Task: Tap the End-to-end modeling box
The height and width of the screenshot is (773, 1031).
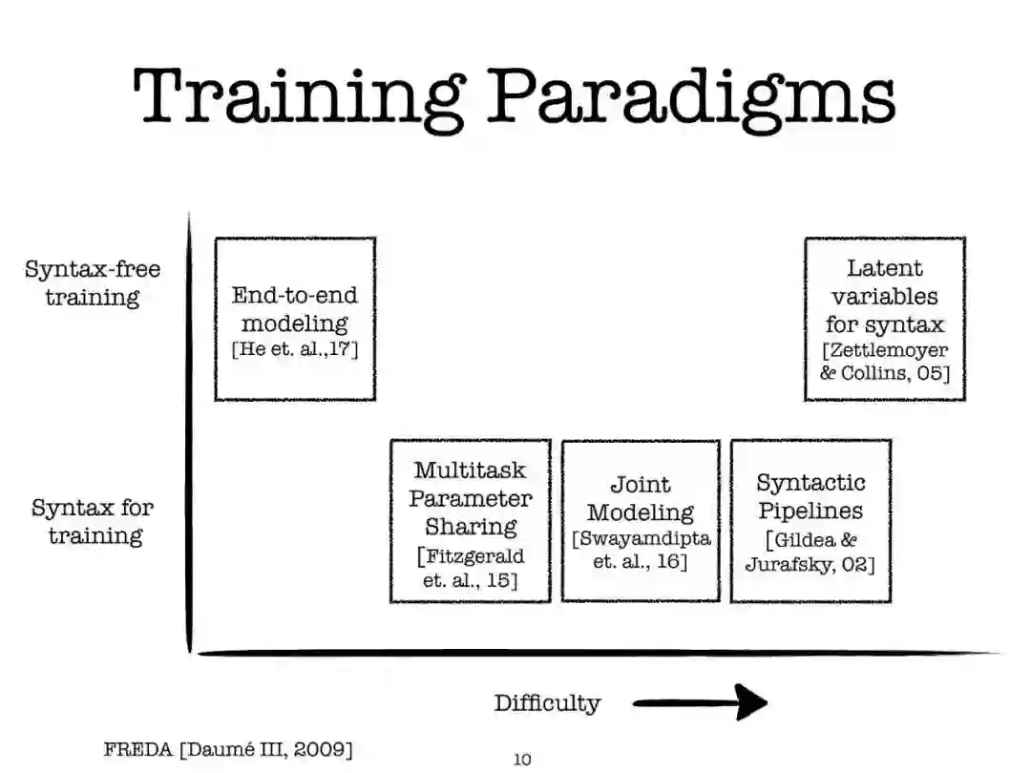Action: click(295, 319)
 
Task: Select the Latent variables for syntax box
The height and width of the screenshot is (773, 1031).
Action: click(885, 319)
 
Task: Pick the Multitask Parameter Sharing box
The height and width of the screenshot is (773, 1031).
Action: click(471, 521)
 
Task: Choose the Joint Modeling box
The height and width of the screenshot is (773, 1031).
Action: click(641, 521)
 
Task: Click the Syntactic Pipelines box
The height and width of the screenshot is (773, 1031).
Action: click(810, 521)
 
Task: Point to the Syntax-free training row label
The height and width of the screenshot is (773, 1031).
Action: click(93, 282)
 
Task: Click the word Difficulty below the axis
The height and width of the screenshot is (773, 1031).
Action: click(547, 704)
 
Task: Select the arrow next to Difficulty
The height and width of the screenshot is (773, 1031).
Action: click(701, 704)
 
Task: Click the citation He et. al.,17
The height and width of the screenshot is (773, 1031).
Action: click(295, 349)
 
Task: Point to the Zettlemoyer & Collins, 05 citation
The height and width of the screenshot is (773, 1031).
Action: click(885, 362)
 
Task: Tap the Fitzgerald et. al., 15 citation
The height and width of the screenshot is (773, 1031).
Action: click(471, 568)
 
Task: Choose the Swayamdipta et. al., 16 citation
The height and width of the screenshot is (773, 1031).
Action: click(641, 551)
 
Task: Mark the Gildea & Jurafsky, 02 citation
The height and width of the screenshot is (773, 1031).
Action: click(810, 552)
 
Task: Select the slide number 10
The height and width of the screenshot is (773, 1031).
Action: click(522, 760)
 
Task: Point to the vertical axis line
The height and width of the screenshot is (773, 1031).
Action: click(189, 429)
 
